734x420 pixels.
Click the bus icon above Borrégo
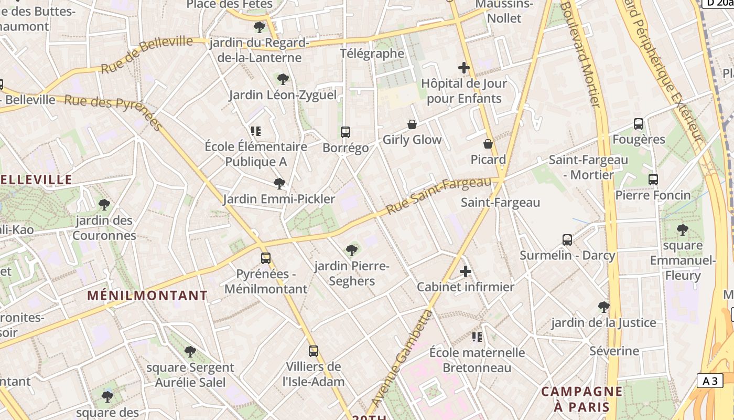click(x=346, y=132)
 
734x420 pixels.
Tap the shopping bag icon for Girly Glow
click(x=412, y=124)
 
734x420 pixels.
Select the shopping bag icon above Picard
click(x=488, y=144)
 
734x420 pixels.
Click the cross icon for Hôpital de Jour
click(x=464, y=68)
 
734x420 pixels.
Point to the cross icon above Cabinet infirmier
click(x=466, y=271)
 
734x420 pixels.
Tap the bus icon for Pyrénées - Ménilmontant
click(x=266, y=258)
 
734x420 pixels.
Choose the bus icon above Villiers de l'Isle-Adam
click(x=314, y=351)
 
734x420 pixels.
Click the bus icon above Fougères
click(x=639, y=124)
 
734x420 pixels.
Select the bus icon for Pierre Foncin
click(x=653, y=180)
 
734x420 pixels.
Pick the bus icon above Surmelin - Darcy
click(x=567, y=240)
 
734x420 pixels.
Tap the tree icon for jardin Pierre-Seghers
click(x=352, y=250)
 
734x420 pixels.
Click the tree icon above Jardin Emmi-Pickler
click(x=279, y=184)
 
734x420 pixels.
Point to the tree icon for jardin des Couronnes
click(x=104, y=204)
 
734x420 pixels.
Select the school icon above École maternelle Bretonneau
click(x=477, y=337)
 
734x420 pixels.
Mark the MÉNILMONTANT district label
click(x=147, y=296)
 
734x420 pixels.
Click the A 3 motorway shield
click(x=710, y=381)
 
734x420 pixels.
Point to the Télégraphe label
click(x=372, y=54)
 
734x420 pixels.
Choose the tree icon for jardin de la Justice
click(x=604, y=307)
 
